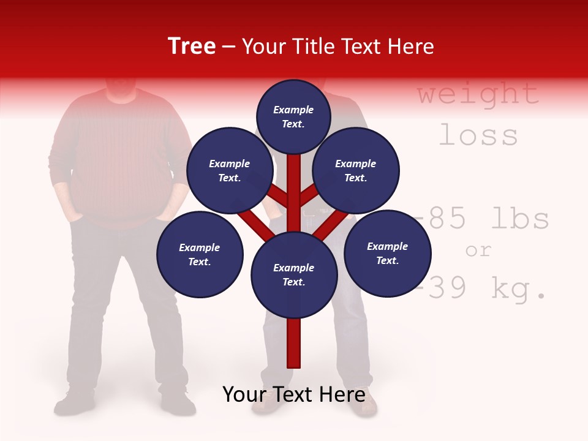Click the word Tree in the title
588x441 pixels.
(x=192, y=47)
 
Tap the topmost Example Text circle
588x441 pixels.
(x=293, y=116)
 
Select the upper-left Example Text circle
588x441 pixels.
(x=229, y=171)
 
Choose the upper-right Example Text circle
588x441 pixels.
(x=356, y=171)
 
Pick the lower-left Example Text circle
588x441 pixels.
(x=200, y=254)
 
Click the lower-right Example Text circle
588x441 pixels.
(x=387, y=253)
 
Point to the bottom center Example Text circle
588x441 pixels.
(x=294, y=275)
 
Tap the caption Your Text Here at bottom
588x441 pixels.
(x=294, y=394)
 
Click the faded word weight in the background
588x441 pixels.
(x=478, y=94)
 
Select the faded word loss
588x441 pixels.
(x=478, y=135)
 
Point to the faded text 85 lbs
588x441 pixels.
(x=487, y=219)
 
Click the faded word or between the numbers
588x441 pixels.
(x=478, y=250)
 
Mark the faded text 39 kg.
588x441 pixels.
(x=484, y=288)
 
